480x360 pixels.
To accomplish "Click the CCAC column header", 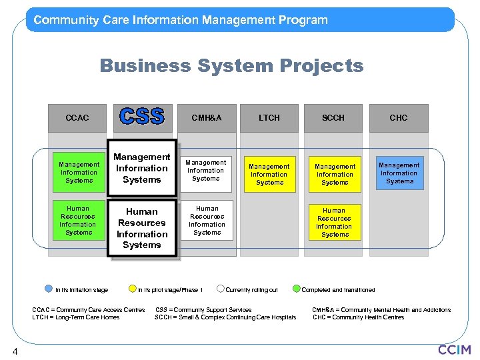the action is (77, 118).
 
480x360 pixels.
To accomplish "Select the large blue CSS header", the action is (141, 117).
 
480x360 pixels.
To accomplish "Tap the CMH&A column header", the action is (206, 118).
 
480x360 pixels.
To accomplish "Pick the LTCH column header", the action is (269, 118).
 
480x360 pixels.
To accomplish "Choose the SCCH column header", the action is (333, 118).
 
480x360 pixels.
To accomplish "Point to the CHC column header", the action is (399, 118).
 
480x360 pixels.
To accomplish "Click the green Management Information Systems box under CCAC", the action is (79, 172).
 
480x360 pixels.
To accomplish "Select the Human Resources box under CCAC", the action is (79, 221).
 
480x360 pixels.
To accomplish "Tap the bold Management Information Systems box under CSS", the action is (142, 169).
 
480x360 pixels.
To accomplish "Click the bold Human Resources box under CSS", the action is (142, 228).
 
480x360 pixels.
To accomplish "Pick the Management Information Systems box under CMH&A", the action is (206, 171).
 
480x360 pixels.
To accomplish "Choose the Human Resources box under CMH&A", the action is (207, 221).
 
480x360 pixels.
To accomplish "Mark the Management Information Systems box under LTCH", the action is (269, 174).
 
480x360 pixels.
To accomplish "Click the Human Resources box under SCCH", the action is (334, 223).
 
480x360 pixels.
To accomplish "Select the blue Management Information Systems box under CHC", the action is (399, 173).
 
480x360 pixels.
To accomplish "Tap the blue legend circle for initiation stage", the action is (48, 289).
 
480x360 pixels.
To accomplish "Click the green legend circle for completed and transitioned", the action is (294, 289).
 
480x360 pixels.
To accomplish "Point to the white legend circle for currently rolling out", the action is (221, 289).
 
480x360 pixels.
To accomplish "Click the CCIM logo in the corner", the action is (454, 349).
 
